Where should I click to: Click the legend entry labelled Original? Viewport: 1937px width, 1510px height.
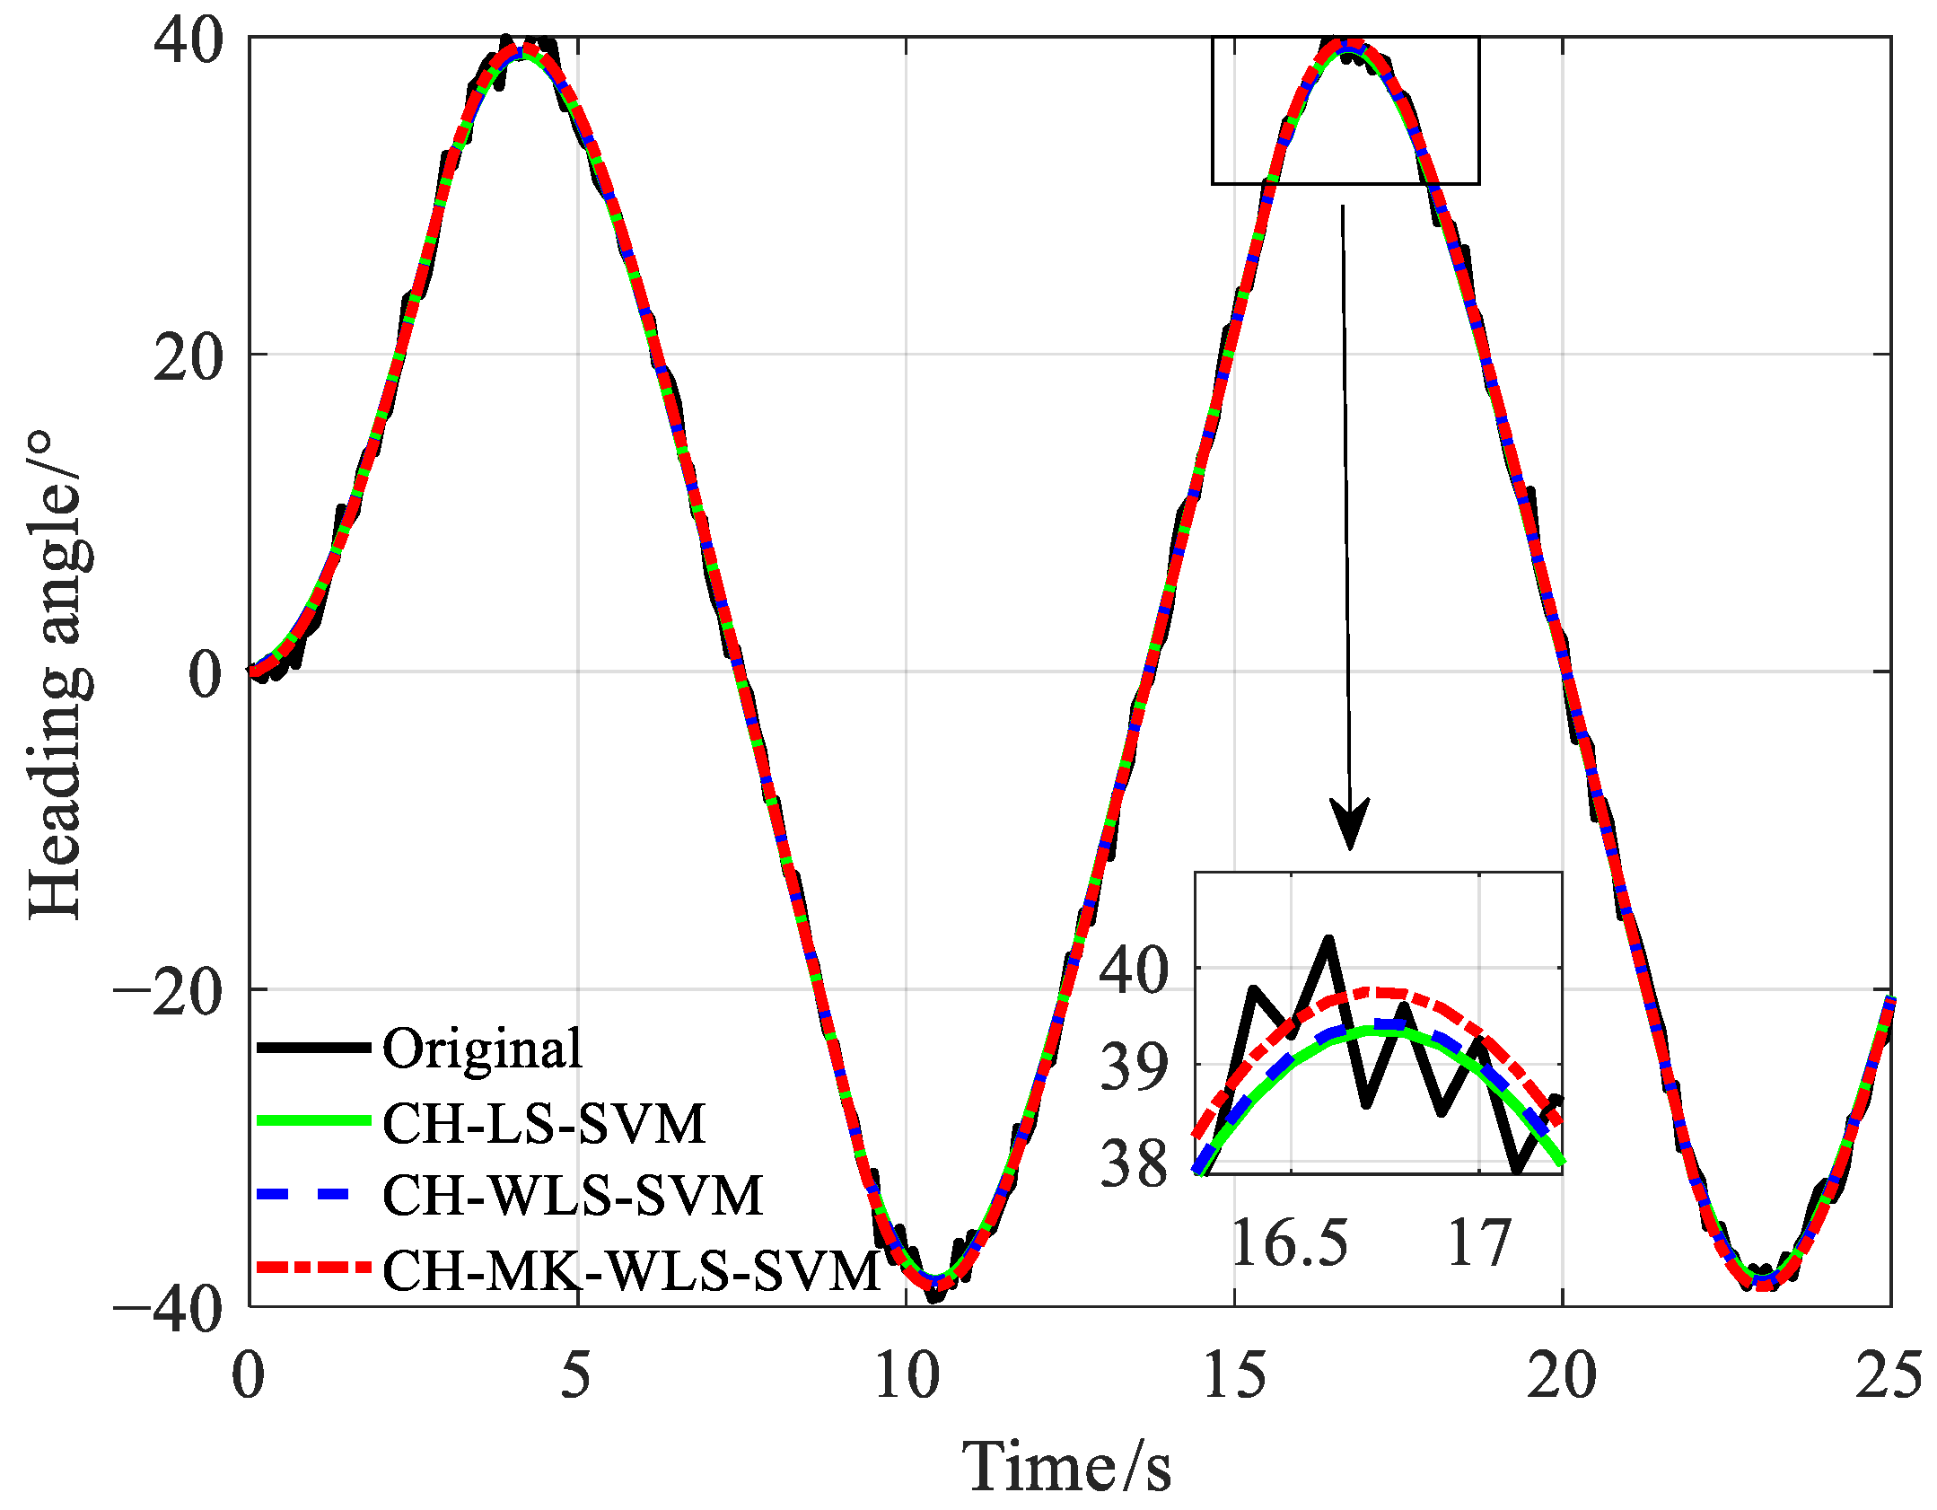click(482, 1048)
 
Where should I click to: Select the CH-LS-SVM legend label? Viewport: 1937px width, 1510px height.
click(544, 1122)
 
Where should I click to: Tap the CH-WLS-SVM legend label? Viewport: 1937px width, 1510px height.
click(572, 1195)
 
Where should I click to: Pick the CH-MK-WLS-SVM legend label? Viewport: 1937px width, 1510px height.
click(631, 1270)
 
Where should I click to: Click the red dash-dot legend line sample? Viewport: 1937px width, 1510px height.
click(313, 1268)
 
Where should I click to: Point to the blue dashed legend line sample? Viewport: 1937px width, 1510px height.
click(313, 1194)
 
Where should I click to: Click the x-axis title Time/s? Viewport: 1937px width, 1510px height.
click(1066, 1467)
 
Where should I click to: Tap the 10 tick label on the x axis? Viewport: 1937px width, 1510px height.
click(907, 1374)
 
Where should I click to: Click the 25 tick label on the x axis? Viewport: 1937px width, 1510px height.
click(1889, 1374)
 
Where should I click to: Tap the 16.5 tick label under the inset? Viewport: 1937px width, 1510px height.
click(1289, 1243)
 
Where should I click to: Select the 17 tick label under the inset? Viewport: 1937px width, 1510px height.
click(1479, 1243)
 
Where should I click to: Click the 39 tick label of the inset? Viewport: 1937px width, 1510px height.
click(1135, 1067)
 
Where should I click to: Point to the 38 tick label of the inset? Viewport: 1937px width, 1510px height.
click(1135, 1163)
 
